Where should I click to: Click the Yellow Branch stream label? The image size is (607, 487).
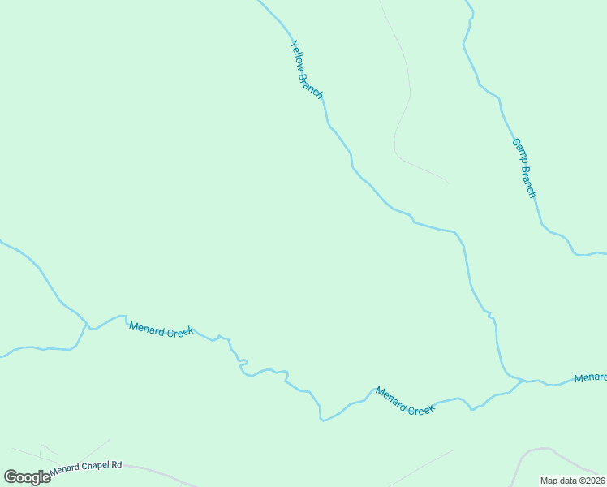click(x=307, y=71)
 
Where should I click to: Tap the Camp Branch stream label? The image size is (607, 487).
click(x=524, y=168)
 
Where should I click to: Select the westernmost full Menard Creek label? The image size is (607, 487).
click(x=161, y=330)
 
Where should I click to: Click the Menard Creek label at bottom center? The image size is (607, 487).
click(x=405, y=401)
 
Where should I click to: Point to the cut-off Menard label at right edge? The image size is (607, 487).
click(x=590, y=378)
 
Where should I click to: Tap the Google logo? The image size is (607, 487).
click(x=27, y=477)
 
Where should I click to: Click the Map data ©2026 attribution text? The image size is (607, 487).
click(x=572, y=481)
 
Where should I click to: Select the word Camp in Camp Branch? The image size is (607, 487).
click(x=518, y=152)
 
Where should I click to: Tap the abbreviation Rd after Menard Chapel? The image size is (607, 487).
click(x=116, y=464)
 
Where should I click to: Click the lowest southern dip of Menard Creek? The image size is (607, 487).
click(x=323, y=420)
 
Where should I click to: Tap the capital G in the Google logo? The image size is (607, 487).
click(x=11, y=477)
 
